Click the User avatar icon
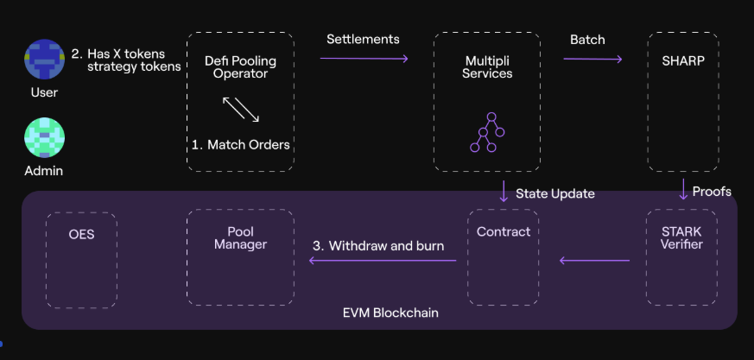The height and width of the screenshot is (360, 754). tap(44, 59)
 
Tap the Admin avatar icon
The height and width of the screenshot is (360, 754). tap(44, 137)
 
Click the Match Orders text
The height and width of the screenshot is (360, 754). tap(240, 144)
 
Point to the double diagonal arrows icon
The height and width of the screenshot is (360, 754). tap(241, 109)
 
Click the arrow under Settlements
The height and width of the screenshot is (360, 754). tap(364, 59)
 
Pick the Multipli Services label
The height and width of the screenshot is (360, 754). tap(487, 66)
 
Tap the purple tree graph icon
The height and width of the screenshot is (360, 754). tap(487, 132)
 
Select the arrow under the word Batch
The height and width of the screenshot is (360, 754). tap(592, 59)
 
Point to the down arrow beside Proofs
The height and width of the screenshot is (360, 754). tap(683, 190)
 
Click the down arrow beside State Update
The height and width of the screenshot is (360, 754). tap(504, 192)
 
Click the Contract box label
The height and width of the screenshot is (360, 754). tap(504, 231)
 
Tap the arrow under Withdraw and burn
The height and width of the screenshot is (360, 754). tap(382, 259)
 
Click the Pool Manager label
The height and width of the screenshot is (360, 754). tap(240, 237)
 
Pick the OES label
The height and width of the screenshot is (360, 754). tap(81, 233)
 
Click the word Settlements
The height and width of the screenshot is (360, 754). tap(363, 39)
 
